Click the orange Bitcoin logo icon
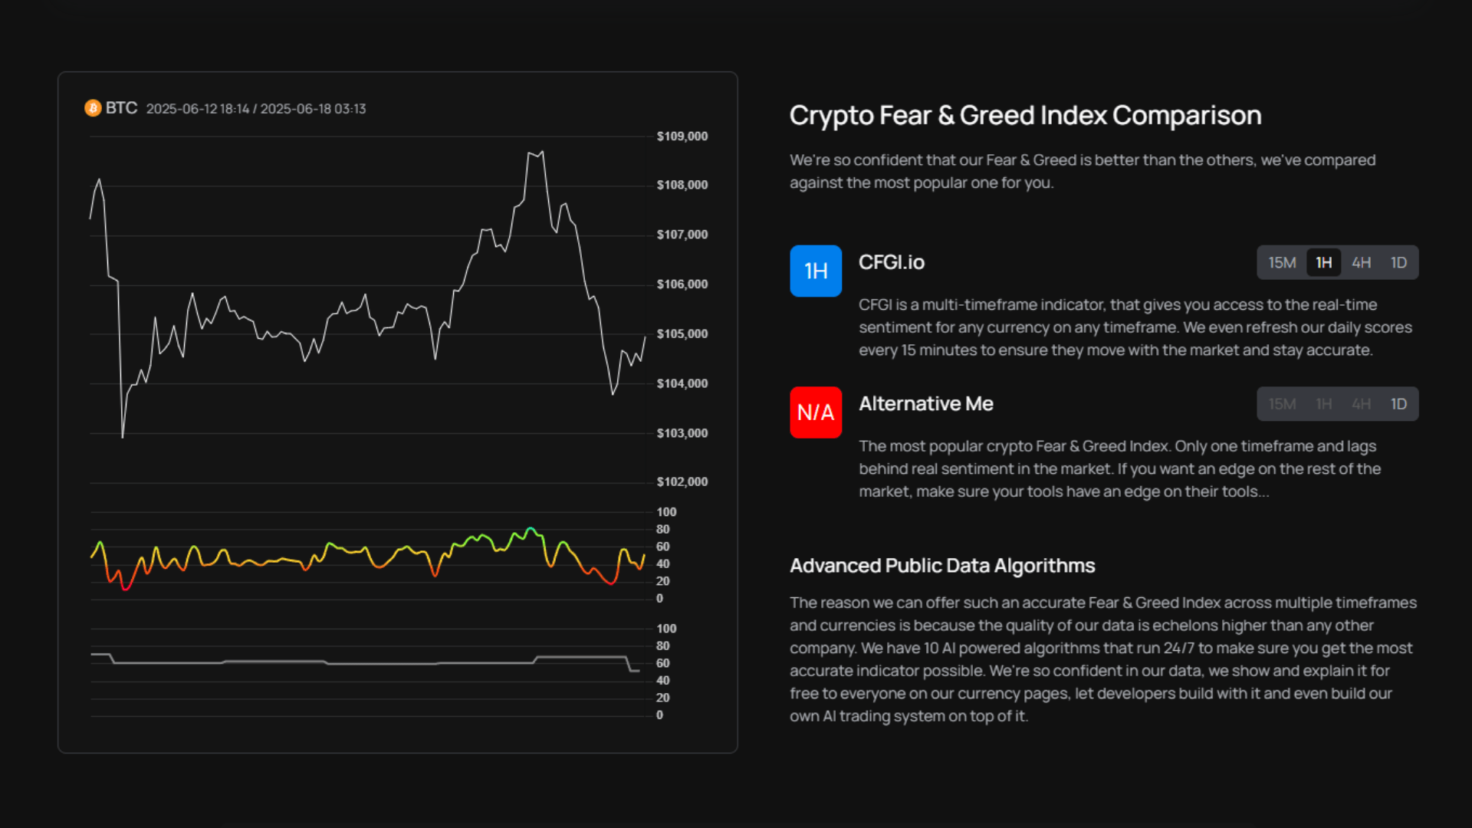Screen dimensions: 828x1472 pyautogui.click(x=93, y=108)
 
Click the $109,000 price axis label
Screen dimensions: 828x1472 pyautogui.click(x=682, y=136)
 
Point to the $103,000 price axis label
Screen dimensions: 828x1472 pyautogui.click(x=682, y=433)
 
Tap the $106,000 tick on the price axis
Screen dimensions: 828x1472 pyautogui.click(x=682, y=284)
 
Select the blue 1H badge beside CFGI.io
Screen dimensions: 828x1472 pyautogui.click(x=816, y=271)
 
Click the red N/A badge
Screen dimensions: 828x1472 pyautogui.click(x=816, y=412)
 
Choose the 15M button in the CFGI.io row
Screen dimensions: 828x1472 pyautogui.click(x=1282, y=263)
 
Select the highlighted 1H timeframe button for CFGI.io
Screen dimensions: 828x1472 pyautogui.click(x=1324, y=263)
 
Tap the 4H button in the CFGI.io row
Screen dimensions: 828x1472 pyautogui.click(x=1362, y=263)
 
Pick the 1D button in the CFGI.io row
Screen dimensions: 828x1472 pyautogui.click(x=1398, y=263)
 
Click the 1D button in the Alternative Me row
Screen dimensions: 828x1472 pyautogui.click(x=1398, y=404)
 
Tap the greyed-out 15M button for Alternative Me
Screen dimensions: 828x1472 pyautogui.click(x=1282, y=404)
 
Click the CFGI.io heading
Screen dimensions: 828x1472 pyautogui.click(x=892, y=262)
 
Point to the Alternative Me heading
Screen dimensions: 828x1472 pyautogui.click(x=925, y=404)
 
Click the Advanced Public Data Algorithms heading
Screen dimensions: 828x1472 pyautogui.click(x=942, y=566)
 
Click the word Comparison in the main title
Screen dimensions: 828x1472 pyautogui.click(x=1187, y=116)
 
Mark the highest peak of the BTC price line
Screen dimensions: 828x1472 pyautogui.click(x=542, y=152)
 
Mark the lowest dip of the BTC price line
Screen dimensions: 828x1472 pyautogui.click(x=123, y=437)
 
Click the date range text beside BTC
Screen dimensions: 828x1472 pyautogui.click(x=256, y=109)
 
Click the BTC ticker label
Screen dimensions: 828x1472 pyautogui.click(x=121, y=108)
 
